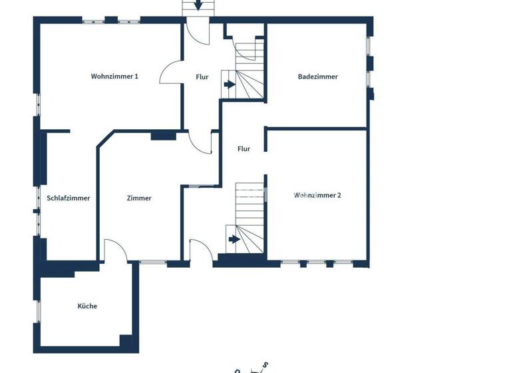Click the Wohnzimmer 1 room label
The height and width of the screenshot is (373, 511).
[x=114, y=77]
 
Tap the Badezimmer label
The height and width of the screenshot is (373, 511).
[x=317, y=77]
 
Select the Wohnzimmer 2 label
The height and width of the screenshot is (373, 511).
[x=317, y=195]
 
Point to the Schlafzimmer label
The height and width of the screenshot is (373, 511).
[x=69, y=198]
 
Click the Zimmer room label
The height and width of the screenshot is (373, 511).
[x=139, y=198]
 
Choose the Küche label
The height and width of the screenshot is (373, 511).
[x=87, y=306]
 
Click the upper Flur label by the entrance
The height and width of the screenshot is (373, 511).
[x=202, y=77]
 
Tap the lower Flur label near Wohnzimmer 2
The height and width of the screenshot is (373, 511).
[x=244, y=149]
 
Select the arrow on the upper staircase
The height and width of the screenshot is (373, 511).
[x=230, y=85]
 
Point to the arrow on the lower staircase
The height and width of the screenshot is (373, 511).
[x=234, y=238]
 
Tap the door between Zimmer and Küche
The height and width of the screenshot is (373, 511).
[x=114, y=251]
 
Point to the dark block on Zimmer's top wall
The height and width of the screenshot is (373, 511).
[x=163, y=137]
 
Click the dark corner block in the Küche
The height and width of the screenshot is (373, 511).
[x=126, y=341]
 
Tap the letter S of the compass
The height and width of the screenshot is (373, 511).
[x=265, y=364]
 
